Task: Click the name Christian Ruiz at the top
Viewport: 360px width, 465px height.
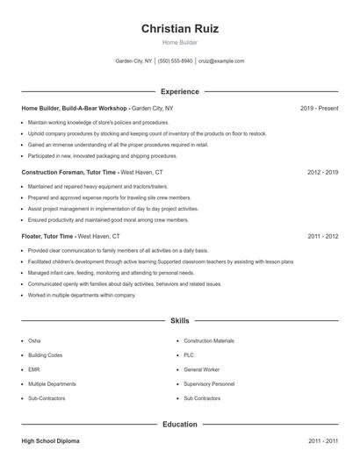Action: click(x=180, y=28)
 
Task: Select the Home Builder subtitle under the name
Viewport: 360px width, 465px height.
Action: click(x=180, y=42)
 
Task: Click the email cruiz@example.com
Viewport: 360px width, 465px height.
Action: click(x=221, y=61)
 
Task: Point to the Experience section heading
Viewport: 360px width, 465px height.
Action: click(x=180, y=91)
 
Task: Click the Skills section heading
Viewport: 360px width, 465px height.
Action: click(x=180, y=321)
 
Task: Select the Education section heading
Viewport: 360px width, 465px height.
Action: click(x=180, y=425)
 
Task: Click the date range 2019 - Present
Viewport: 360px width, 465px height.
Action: click(x=319, y=108)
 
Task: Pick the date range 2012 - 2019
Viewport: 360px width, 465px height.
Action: click(x=322, y=172)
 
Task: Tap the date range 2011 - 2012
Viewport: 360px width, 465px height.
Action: click(x=322, y=236)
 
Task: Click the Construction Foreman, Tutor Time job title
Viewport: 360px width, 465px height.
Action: click(x=68, y=172)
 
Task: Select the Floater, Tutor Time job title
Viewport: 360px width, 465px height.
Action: click(x=48, y=236)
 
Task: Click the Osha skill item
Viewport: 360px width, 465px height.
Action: click(x=34, y=340)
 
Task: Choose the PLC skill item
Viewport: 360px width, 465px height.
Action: click(x=189, y=355)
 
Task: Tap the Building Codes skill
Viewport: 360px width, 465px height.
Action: click(x=45, y=355)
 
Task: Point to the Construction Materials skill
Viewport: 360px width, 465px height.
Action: click(x=209, y=340)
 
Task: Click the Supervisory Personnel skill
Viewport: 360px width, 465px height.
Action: click(x=209, y=384)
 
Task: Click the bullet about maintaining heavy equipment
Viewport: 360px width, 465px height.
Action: click(x=97, y=186)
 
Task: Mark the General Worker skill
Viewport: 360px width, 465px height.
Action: click(x=202, y=369)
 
